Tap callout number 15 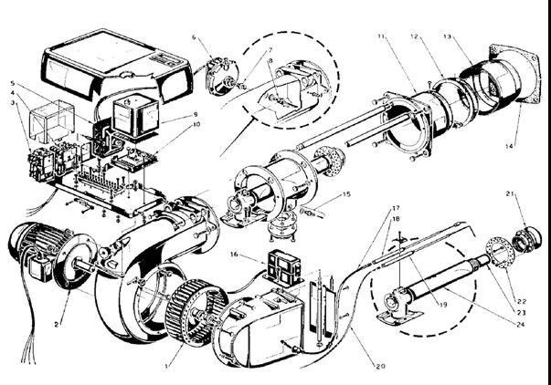click(x=346, y=194)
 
